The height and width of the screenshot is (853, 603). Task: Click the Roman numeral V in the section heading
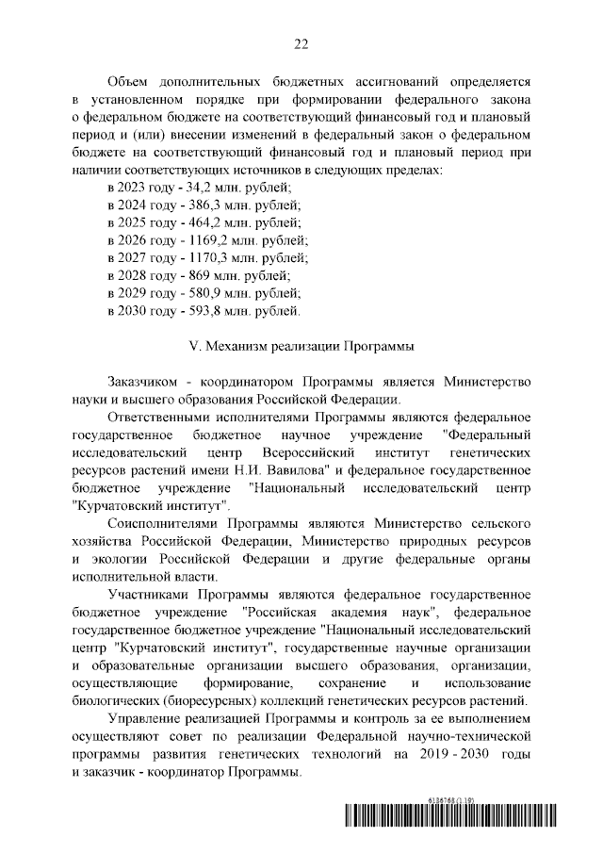194,346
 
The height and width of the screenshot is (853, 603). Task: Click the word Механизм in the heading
238,346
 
